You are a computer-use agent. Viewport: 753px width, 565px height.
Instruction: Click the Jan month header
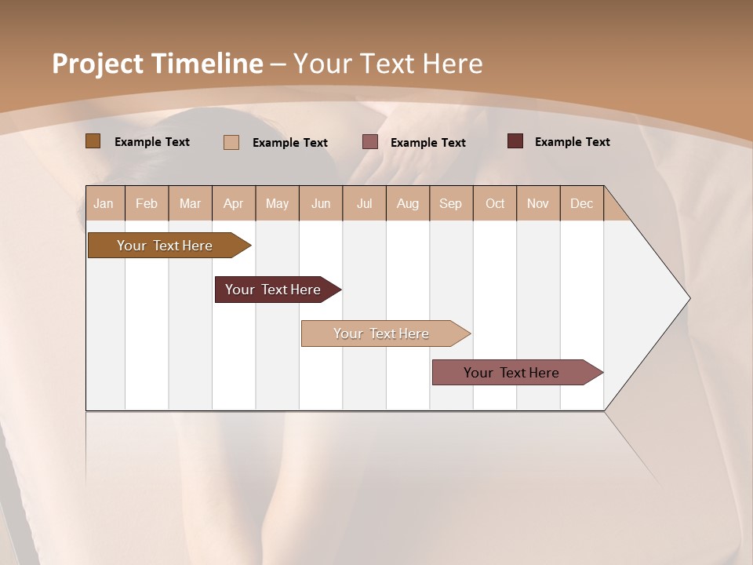(104, 203)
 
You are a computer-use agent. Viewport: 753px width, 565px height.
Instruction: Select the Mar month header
(190, 203)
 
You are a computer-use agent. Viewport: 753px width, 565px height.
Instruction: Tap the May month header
(277, 203)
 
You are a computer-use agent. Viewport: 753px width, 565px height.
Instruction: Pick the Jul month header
(364, 203)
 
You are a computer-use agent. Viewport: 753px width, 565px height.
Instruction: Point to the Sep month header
(450, 203)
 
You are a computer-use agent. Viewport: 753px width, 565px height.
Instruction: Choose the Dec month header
(581, 203)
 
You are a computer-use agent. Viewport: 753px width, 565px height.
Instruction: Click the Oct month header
(495, 203)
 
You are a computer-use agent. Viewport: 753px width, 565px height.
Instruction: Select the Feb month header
(147, 203)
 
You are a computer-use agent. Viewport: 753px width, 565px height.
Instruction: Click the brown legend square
(93, 141)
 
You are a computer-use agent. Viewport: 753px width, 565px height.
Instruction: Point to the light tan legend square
(231, 142)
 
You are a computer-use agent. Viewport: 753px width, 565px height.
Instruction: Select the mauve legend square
(370, 142)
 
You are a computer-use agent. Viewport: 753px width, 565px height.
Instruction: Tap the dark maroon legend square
(515, 141)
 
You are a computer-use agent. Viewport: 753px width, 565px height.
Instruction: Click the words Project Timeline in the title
(157, 64)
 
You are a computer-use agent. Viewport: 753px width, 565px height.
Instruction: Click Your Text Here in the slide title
(387, 64)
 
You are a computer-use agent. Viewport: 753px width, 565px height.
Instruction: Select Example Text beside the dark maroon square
(572, 142)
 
